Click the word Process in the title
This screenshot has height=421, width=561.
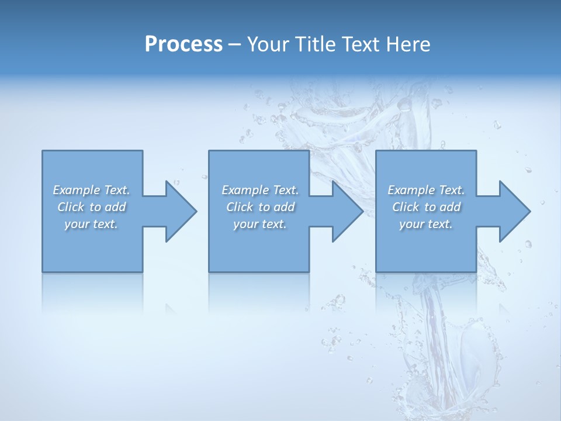coord(183,44)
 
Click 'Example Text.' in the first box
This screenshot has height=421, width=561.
coord(91,190)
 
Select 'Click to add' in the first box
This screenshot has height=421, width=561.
coord(92,207)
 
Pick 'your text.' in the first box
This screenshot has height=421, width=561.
coord(91,224)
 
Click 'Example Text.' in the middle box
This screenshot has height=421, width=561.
coord(260,190)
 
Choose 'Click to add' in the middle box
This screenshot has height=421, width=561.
coord(260,207)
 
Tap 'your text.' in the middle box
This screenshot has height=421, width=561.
coord(260,224)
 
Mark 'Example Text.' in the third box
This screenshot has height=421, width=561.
coord(426,190)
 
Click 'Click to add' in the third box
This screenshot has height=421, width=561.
coord(426,207)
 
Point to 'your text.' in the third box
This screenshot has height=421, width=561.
coord(426,224)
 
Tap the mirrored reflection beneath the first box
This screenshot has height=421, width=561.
coord(92,292)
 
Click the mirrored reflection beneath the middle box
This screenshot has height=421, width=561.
coord(259,292)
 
